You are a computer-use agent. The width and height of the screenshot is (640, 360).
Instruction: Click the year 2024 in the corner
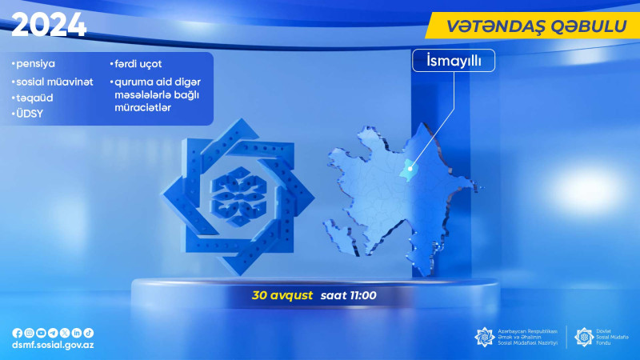49,26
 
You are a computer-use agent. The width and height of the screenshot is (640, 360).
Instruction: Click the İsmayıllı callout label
453,62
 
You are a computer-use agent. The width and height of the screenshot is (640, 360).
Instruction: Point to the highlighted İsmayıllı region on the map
409,168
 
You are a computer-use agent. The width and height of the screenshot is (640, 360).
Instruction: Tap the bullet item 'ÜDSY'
28,114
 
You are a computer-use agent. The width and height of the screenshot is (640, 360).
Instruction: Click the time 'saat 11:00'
348,295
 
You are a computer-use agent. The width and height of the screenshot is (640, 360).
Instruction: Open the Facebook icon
18,333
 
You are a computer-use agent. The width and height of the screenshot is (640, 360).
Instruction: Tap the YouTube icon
42,333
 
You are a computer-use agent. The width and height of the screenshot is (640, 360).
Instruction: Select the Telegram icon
53,333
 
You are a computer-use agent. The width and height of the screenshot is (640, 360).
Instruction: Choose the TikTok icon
89,333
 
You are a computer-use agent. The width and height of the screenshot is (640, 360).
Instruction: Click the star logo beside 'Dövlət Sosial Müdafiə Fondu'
584,337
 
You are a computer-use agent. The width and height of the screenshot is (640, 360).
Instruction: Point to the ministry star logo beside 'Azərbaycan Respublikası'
485,337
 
